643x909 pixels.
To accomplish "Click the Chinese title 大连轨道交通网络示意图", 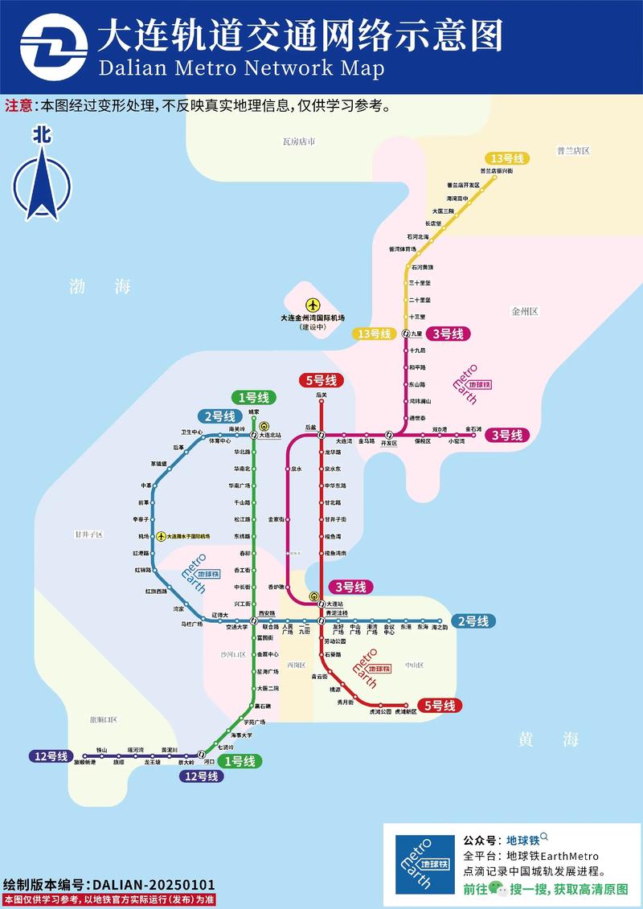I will (301, 36).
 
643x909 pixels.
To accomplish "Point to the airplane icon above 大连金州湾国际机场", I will (313, 305).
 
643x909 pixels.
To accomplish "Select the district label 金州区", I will (524, 311).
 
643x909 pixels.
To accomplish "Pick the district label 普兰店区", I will (573, 150).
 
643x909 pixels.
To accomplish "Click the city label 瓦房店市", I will (299, 141).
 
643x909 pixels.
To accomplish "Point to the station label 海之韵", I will (440, 627).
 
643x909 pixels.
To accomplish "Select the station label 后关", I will (321, 395).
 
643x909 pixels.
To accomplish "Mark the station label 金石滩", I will (473, 429).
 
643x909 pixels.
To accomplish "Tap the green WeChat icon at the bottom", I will (500, 889).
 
